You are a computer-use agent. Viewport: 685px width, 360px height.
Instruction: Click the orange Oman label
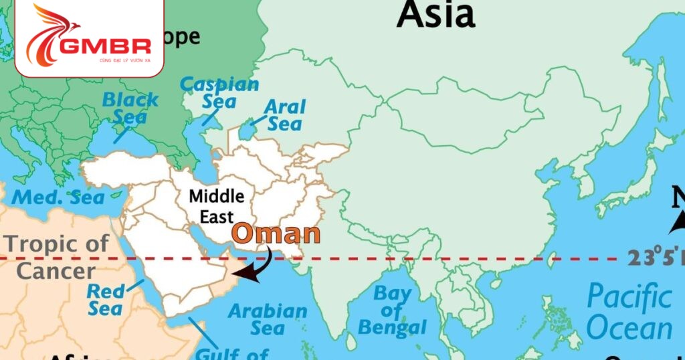[276, 234]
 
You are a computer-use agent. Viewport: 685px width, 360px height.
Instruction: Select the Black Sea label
[130, 108]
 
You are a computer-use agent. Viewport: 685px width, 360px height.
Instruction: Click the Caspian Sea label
[219, 93]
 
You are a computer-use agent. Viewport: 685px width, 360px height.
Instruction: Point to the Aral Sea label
[284, 114]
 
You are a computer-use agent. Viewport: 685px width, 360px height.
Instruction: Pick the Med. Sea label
[59, 197]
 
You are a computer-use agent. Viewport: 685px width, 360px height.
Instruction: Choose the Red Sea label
[105, 300]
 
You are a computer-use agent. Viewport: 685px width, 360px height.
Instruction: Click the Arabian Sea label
[268, 319]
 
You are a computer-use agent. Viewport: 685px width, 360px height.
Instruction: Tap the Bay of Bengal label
[392, 310]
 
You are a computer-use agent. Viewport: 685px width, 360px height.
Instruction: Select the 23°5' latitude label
[656, 257]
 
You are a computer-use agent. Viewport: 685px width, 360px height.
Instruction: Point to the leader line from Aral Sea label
[257, 120]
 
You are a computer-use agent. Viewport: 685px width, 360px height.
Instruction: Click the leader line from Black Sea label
[121, 133]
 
